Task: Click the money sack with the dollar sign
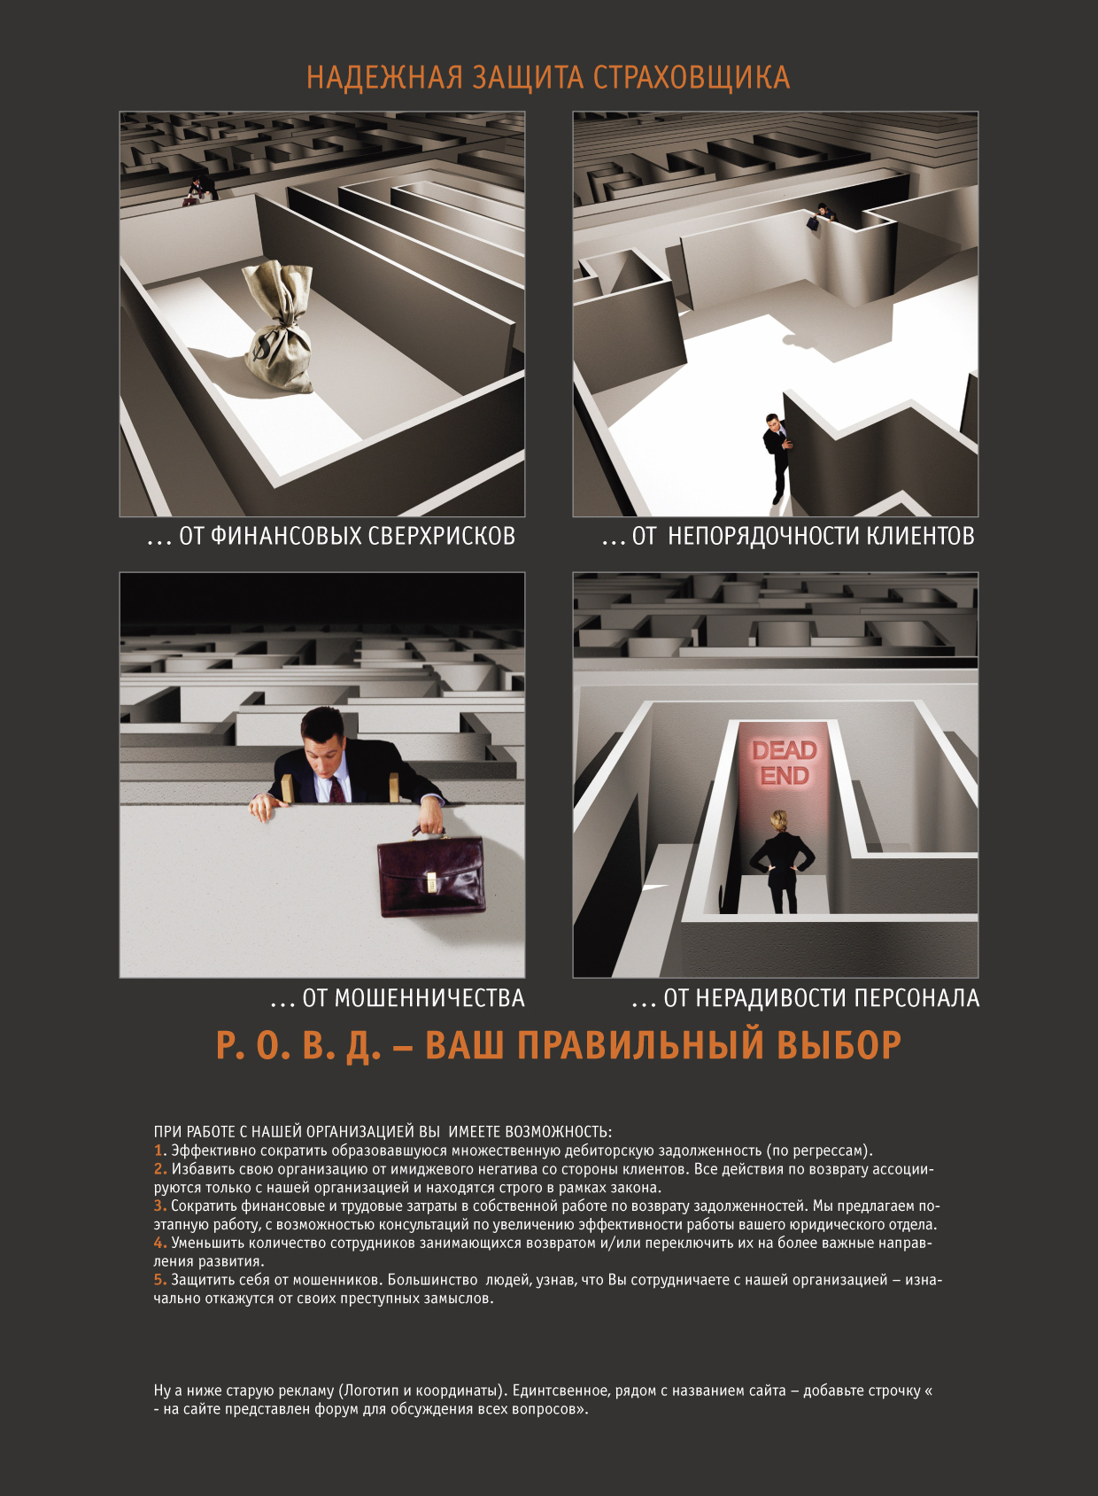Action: (x=278, y=332)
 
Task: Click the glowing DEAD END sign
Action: (x=784, y=763)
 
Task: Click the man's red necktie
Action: (x=337, y=787)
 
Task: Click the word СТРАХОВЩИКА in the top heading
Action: (x=691, y=78)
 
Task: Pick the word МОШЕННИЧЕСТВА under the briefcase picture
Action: (x=414, y=998)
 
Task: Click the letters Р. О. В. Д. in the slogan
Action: (x=298, y=1045)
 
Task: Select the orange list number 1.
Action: (x=160, y=1151)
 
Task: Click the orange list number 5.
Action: (x=160, y=1280)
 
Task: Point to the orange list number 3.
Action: (x=160, y=1205)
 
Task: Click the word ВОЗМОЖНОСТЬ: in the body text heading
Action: (x=558, y=1132)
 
